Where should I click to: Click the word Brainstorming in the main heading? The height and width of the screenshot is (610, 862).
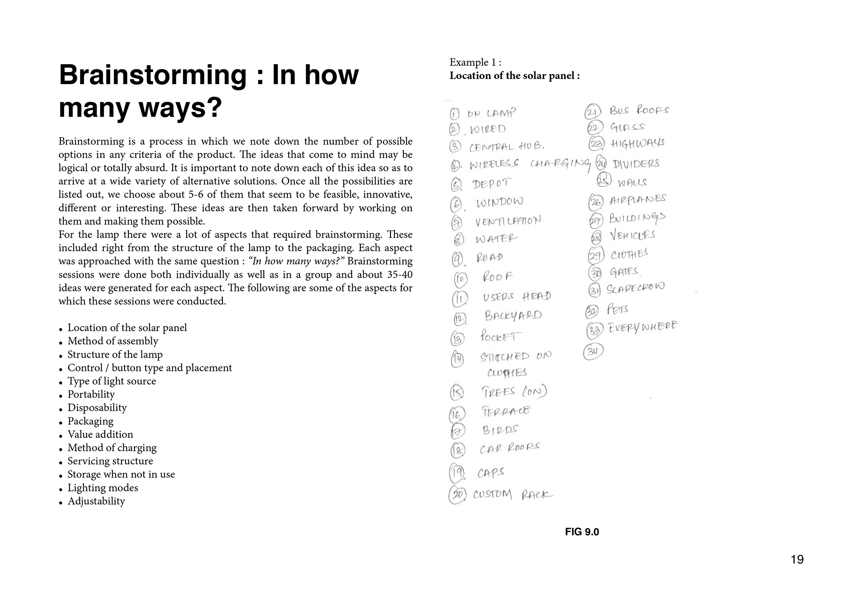[x=153, y=75]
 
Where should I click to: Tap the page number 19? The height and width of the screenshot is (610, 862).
[x=797, y=560]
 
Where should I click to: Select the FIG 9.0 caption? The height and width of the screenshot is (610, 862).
[x=582, y=532]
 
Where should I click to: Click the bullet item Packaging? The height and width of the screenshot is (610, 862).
[x=91, y=421]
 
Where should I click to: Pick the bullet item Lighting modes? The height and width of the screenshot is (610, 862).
[x=103, y=488]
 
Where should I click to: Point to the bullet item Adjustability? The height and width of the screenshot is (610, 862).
[x=96, y=501]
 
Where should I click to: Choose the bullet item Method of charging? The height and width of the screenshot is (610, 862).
[x=112, y=448]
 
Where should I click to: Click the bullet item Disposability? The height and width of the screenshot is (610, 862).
[x=97, y=408]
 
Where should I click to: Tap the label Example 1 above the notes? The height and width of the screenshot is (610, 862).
[x=475, y=63]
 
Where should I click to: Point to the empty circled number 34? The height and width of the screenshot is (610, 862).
[x=593, y=352]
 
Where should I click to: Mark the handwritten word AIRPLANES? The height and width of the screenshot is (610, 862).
[x=638, y=200]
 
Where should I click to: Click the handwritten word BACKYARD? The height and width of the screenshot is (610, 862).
[x=513, y=316]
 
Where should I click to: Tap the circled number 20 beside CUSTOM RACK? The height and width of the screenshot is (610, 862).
[x=457, y=495]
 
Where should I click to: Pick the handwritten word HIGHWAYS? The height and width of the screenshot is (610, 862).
[x=637, y=143]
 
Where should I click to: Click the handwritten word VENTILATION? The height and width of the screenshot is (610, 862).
[x=508, y=221]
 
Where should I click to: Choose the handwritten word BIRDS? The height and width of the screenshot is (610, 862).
[x=500, y=430]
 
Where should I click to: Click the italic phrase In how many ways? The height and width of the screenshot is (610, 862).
[x=295, y=261]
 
